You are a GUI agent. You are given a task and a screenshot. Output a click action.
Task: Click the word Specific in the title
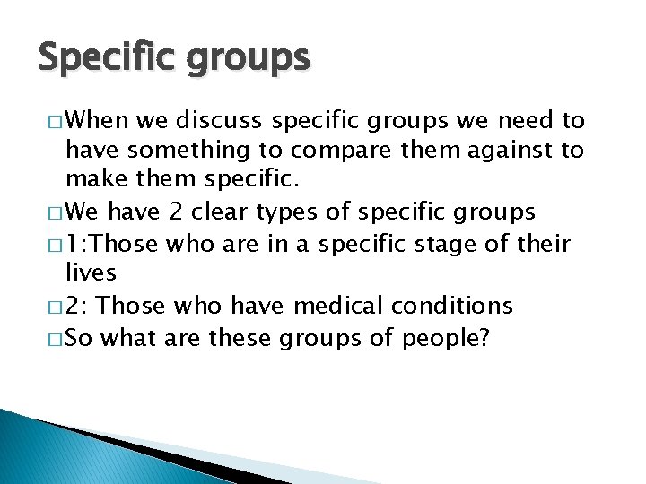tap(98, 57)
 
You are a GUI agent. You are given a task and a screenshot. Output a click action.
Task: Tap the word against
tap(498, 151)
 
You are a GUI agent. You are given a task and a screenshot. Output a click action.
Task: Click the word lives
tap(92, 272)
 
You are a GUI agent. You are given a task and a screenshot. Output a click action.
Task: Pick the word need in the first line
tap(524, 119)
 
